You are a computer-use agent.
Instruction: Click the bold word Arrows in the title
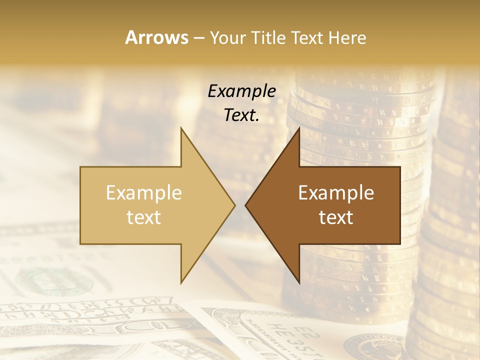coord(156,37)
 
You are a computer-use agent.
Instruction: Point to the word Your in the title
coord(227,37)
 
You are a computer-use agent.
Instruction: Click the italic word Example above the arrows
coord(242,91)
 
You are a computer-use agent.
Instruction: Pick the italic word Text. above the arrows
coord(242,115)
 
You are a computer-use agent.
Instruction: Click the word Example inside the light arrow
coord(144,192)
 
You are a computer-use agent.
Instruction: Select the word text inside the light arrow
coord(144,217)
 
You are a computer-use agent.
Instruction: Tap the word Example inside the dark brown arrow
coord(336,192)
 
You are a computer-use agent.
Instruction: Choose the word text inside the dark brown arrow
coord(336,217)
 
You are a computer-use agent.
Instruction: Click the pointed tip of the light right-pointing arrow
coord(235,205)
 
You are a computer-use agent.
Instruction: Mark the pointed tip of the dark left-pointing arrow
coord(245,205)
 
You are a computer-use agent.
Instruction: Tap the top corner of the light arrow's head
coord(181,127)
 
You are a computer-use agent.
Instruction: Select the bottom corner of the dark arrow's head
coord(299,283)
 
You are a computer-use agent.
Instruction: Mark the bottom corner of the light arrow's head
coord(181,283)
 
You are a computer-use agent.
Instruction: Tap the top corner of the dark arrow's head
coord(299,127)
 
